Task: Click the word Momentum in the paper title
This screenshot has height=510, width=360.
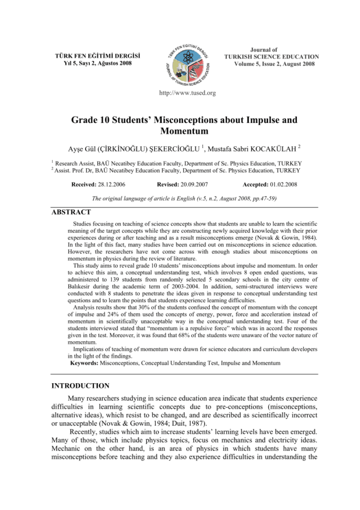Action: (x=180, y=131)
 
